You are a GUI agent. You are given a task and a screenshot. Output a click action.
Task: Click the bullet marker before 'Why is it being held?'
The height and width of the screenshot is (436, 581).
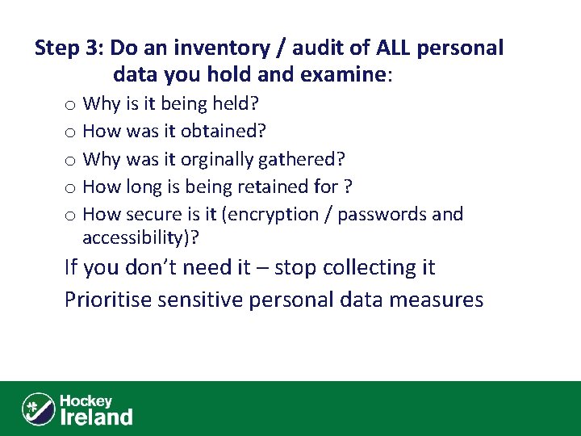(x=71, y=104)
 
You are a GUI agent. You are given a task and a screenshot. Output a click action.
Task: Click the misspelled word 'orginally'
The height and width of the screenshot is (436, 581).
(x=217, y=159)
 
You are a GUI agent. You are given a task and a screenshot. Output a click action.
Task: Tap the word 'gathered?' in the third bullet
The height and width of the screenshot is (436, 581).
(x=303, y=159)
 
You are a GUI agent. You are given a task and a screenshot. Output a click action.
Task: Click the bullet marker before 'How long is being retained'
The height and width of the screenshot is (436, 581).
(x=71, y=187)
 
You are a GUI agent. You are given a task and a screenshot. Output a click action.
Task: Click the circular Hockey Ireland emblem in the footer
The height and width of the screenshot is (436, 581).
(x=38, y=409)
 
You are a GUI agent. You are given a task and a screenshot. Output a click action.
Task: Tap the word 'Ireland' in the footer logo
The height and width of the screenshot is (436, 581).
(x=96, y=417)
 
